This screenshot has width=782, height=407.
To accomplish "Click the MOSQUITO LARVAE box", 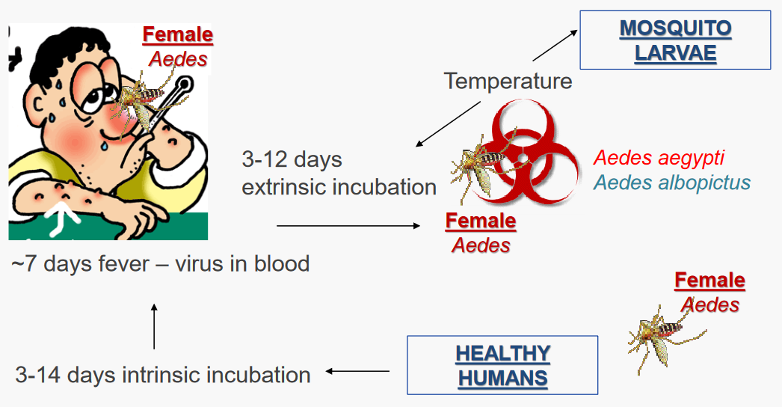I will click(675, 41).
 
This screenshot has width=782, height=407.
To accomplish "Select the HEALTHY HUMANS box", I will click(502, 365).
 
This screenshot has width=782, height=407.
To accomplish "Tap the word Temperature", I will click(508, 80).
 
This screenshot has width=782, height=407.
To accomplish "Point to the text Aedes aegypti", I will click(659, 159).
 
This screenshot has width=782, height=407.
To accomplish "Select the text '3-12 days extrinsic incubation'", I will click(338, 173).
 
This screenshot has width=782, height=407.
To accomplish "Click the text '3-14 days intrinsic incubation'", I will click(163, 374).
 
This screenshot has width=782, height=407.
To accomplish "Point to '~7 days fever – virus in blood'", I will click(160, 264).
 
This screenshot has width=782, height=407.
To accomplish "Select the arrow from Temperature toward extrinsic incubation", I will click(449, 124).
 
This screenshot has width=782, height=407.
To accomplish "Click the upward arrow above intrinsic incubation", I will click(154, 326).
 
